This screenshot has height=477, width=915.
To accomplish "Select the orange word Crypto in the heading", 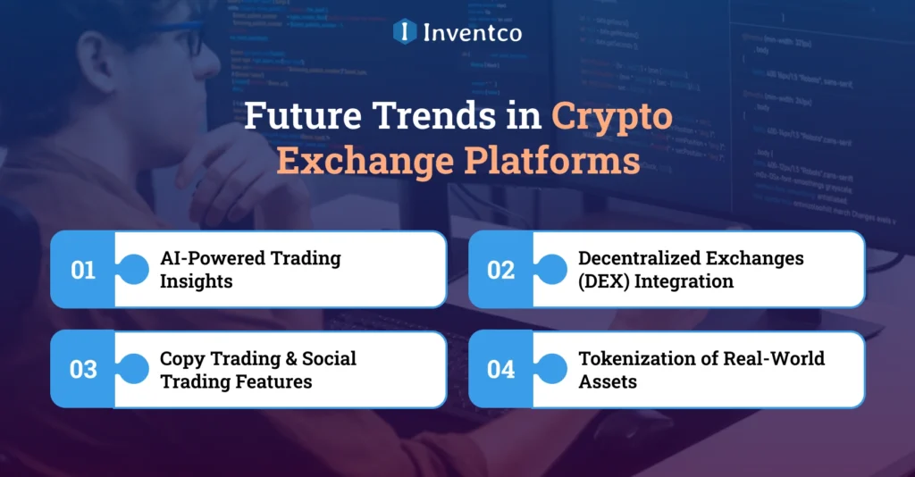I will point(611,118).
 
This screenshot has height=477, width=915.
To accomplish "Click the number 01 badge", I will point(83,270).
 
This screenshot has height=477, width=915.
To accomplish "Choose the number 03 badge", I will point(83,369).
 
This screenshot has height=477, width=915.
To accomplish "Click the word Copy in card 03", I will point(180,359).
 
